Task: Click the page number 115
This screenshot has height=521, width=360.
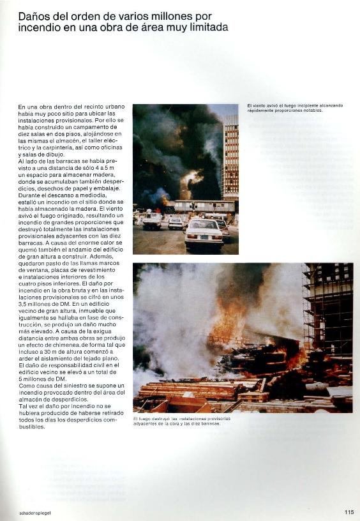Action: (x=349, y=511)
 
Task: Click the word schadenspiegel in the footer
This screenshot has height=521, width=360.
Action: (x=34, y=512)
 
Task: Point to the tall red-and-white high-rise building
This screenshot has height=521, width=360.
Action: (x=230, y=156)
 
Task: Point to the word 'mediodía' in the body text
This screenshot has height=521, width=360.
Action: (x=98, y=195)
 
